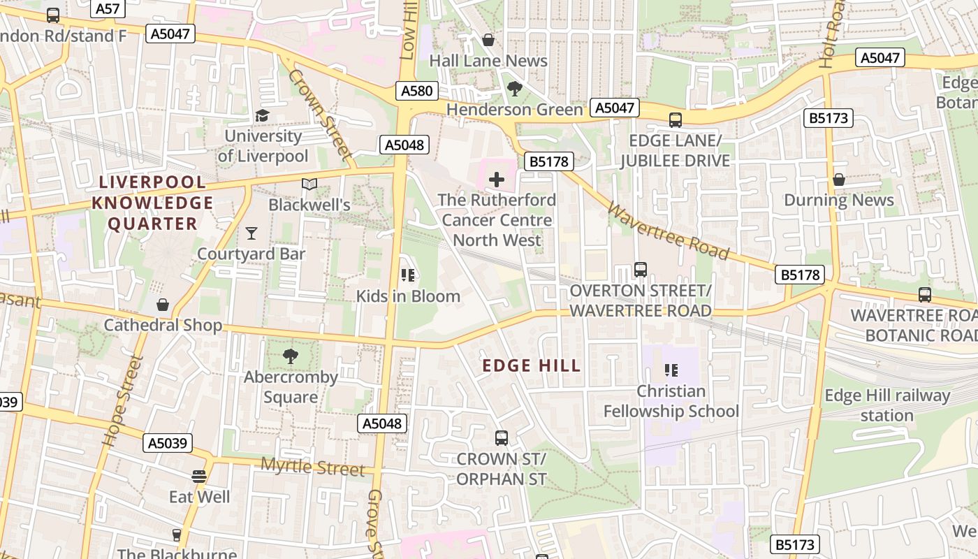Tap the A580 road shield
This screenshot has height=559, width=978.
417,90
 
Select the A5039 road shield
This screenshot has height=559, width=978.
167,442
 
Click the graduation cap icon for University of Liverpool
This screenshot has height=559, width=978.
262,115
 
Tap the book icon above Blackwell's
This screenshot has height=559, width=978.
309,184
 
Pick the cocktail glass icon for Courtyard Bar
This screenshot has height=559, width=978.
251,233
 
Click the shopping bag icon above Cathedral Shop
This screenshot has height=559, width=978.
163,305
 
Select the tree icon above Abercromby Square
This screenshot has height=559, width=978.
291,356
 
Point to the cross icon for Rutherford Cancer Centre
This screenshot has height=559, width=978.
497,180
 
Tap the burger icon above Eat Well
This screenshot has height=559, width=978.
199,477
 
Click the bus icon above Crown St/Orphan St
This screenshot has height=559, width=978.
502,438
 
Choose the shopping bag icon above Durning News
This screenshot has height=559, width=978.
839,180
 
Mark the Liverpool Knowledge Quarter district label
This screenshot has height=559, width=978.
153,203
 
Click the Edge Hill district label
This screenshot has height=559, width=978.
532,365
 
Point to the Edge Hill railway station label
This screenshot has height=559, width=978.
887,405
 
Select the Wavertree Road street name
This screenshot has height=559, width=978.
668,231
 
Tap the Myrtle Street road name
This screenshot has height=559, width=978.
312,466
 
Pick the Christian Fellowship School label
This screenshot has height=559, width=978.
671,401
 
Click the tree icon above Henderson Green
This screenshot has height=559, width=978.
515,89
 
